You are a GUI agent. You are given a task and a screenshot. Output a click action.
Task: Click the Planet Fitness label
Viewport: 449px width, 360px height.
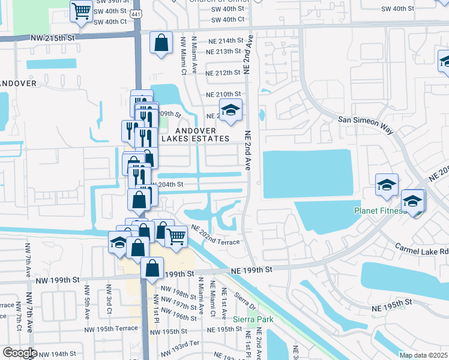click(x=380, y=211)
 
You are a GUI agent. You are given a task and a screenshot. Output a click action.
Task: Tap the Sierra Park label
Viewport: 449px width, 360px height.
click(x=253, y=319)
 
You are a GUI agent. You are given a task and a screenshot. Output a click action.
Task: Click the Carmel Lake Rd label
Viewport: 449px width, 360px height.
click(x=421, y=247)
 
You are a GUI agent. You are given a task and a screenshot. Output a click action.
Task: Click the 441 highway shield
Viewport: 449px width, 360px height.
click(x=137, y=19)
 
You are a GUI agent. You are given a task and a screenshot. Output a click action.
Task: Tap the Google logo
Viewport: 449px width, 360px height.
click(x=19, y=353)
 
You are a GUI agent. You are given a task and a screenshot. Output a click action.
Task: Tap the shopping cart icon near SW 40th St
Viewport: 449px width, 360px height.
click(x=80, y=11)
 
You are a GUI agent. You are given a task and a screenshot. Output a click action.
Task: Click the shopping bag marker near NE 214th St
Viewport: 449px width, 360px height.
click(x=160, y=43)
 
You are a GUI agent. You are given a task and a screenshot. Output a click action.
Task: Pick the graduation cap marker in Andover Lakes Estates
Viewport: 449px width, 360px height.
click(x=229, y=110)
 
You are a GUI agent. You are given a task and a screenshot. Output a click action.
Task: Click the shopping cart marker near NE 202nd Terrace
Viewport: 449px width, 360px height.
click(x=175, y=237)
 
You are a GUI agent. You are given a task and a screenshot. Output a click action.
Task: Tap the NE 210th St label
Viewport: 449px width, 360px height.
click(x=223, y=95)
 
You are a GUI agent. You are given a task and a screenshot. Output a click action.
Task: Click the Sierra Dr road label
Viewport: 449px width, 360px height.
click(x=244, y=301)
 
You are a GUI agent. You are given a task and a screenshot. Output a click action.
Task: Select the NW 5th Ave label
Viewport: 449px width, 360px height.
click(x=87, y=307)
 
